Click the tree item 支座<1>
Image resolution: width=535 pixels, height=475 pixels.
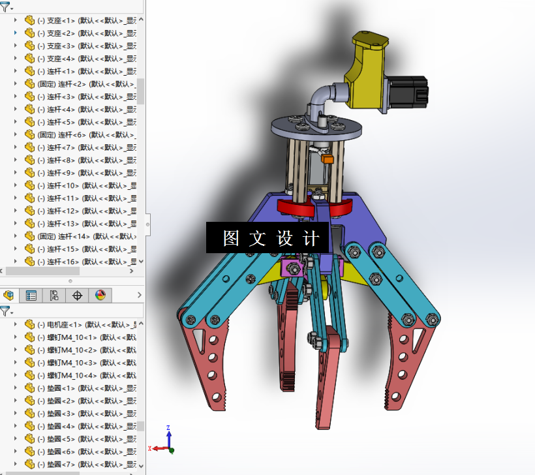click(78, 20)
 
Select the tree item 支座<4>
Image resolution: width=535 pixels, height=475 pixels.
click(78, 59)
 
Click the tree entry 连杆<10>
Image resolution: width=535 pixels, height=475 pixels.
click(82, 186)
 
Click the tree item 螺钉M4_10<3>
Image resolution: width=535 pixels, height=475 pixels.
click(82, 363)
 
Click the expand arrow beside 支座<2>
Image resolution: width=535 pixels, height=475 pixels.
click(16, 33)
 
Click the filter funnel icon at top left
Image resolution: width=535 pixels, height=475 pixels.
click(6, 7)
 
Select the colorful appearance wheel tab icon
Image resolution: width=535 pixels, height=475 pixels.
click(100, 296)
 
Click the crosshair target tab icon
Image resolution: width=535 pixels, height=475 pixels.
click(77, 296)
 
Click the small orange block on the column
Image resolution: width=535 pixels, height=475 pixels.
click(328, 159)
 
